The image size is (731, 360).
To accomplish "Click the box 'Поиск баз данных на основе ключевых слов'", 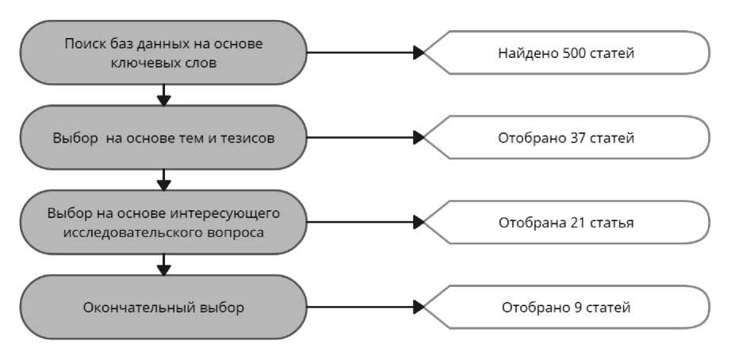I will pyautogui.click(x=163, y=52).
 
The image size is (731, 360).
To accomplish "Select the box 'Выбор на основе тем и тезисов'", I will pyautogui.click(x=163, y=138).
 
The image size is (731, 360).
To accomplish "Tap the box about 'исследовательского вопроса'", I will pyautogui.click(x=163, y=223).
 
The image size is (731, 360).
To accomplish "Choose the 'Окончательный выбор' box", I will pyautogui.click(x=163, y=307).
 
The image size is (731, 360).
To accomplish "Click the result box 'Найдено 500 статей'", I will pyautogui.click(x=566, y=53).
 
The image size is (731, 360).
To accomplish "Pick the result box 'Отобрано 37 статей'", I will pyautogui.click(x=566, y=138).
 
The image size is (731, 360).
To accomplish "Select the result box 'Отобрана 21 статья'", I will pyautogui.click(x=566, y=223).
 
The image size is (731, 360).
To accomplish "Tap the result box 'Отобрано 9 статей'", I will pyautogui.click(x=566, y=307).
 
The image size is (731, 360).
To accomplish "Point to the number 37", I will pyautogui.click(x=578, y=138).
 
